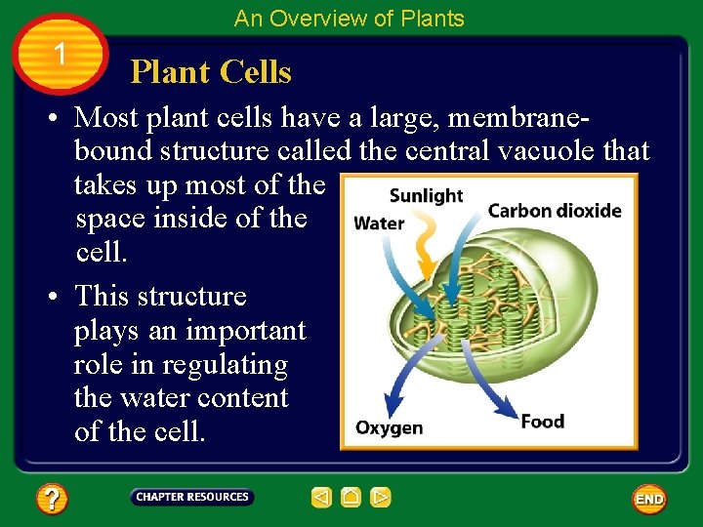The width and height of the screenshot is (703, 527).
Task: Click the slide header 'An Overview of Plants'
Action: click(350, 19)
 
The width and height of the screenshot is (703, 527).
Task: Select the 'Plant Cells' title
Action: click(211, 72)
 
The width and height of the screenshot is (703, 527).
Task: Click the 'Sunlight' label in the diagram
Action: click(426, 195)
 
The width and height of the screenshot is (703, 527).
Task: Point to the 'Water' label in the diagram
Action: click(379, 223)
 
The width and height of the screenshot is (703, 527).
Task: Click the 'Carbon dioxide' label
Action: click(555, 211)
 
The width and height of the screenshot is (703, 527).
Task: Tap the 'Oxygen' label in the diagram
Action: click(389, 427)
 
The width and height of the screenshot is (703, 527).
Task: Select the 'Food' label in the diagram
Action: click(543, 422)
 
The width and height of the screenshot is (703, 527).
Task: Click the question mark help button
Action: click(52, 500)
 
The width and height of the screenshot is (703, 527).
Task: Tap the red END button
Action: click(649, 499)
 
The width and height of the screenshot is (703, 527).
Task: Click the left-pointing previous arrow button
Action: click(321, 498)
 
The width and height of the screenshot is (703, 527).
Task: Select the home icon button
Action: click(351, 498)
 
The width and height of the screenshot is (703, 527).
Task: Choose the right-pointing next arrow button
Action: click(381, 498)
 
